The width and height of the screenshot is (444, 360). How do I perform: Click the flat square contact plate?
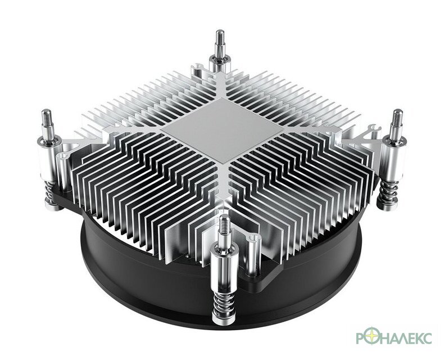coord(223,130)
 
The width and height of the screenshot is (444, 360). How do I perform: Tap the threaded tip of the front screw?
coord(225,223)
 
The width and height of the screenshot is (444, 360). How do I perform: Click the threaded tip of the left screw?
coord(47,118)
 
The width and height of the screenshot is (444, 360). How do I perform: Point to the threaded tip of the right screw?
coord(397,117)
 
